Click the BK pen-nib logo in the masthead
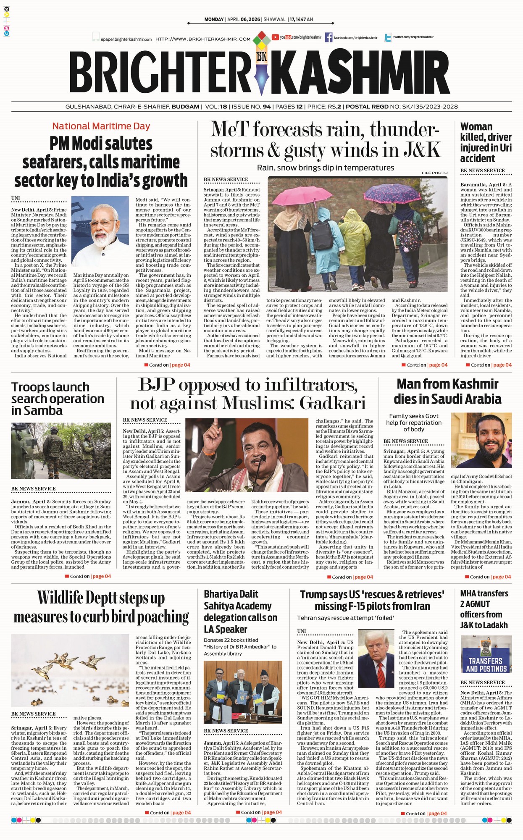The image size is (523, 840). coord(261,63)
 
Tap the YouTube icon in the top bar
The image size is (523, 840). coord(276,37)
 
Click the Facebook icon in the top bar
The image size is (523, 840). coord(329,37)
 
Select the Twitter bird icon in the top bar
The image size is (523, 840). coord(388,38)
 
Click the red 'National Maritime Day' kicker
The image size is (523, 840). coord(101,126)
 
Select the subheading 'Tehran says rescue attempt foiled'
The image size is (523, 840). coord(345,618)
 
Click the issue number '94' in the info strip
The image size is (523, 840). coord(266,107)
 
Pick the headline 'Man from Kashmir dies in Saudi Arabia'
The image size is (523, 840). coord(447,391)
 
